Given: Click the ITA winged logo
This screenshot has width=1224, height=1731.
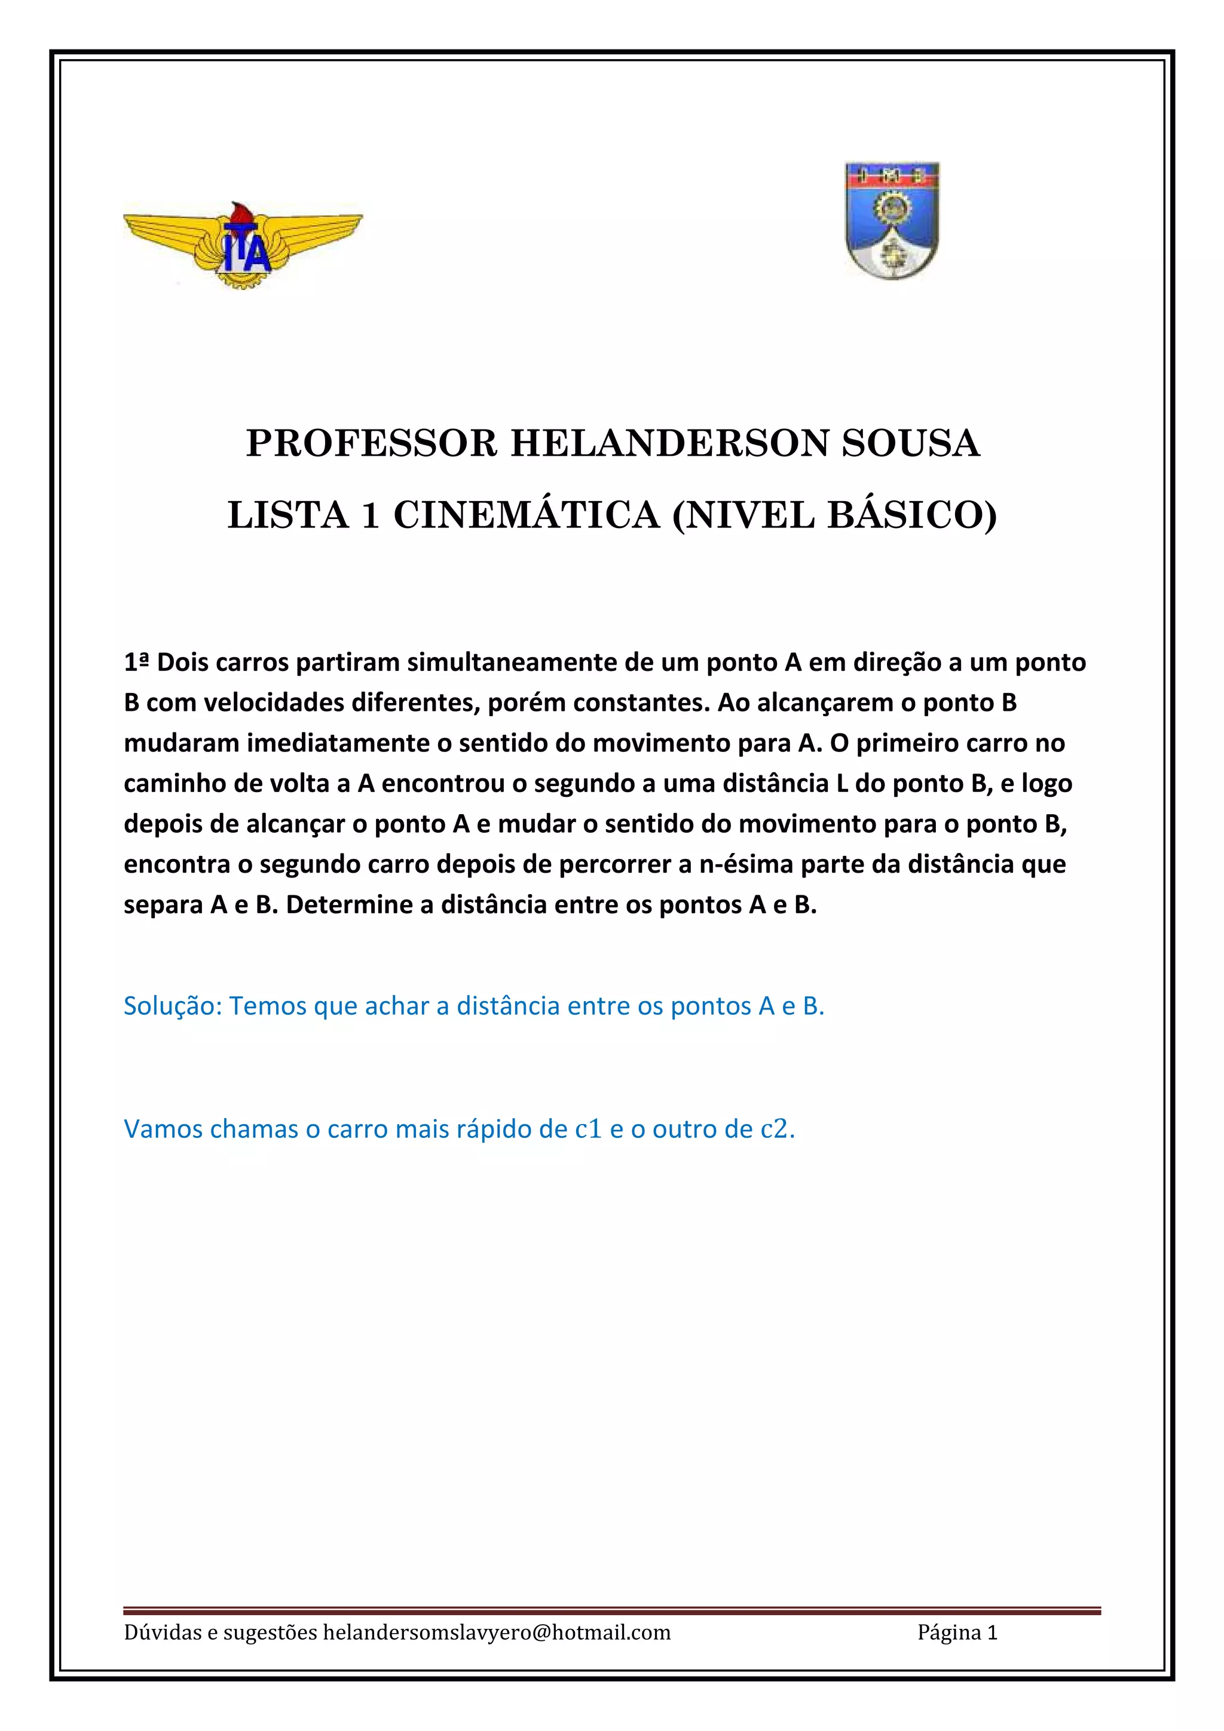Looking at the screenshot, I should click(242, 245).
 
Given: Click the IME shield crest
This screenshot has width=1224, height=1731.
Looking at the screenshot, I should click(892, 221).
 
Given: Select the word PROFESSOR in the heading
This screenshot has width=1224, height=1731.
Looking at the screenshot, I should click(372, 444).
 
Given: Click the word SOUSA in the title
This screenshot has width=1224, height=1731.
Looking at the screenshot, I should click(910, 444).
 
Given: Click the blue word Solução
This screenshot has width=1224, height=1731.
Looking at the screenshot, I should click(173, 1006).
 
